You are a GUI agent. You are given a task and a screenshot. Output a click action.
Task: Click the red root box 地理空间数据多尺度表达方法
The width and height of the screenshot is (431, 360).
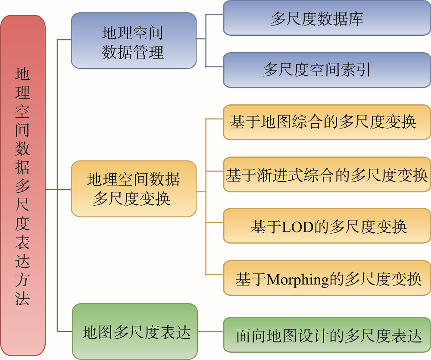point(23,185)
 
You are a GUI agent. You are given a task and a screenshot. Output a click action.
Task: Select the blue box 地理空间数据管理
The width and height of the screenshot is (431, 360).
point(134,41)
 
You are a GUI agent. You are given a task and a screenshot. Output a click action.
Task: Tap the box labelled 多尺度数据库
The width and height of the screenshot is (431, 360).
point(327,18)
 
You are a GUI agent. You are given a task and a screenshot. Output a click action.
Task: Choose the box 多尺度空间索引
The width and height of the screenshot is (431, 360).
point(327,70)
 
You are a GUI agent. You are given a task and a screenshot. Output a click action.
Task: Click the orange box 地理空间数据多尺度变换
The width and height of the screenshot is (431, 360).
point(134,189)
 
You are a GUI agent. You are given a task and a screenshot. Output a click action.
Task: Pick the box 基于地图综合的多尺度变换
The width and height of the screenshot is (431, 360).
point(327,122)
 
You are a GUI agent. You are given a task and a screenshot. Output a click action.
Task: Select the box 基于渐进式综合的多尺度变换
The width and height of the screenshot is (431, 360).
point(327,175)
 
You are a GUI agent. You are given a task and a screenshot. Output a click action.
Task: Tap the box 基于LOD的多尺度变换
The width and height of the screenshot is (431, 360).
point(327,226)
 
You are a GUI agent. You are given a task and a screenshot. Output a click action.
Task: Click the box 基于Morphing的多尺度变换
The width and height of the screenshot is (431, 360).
point(327,278)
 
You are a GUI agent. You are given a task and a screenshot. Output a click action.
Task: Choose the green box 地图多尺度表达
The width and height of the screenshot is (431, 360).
point(134,332)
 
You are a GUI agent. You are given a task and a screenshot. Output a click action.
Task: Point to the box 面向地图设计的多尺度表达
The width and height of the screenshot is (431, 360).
point(327,335)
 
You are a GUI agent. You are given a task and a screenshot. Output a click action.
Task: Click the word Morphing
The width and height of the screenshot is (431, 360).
point(298,280)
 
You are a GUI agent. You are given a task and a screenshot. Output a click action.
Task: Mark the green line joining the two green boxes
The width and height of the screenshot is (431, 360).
point(210,332)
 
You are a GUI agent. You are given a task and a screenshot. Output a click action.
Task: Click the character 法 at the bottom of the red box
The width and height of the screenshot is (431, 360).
point(22,299)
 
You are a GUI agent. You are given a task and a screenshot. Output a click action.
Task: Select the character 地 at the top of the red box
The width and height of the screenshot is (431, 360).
point(22,74)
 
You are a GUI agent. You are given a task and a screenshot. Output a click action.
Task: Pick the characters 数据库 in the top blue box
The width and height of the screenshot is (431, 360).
point(340,19)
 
